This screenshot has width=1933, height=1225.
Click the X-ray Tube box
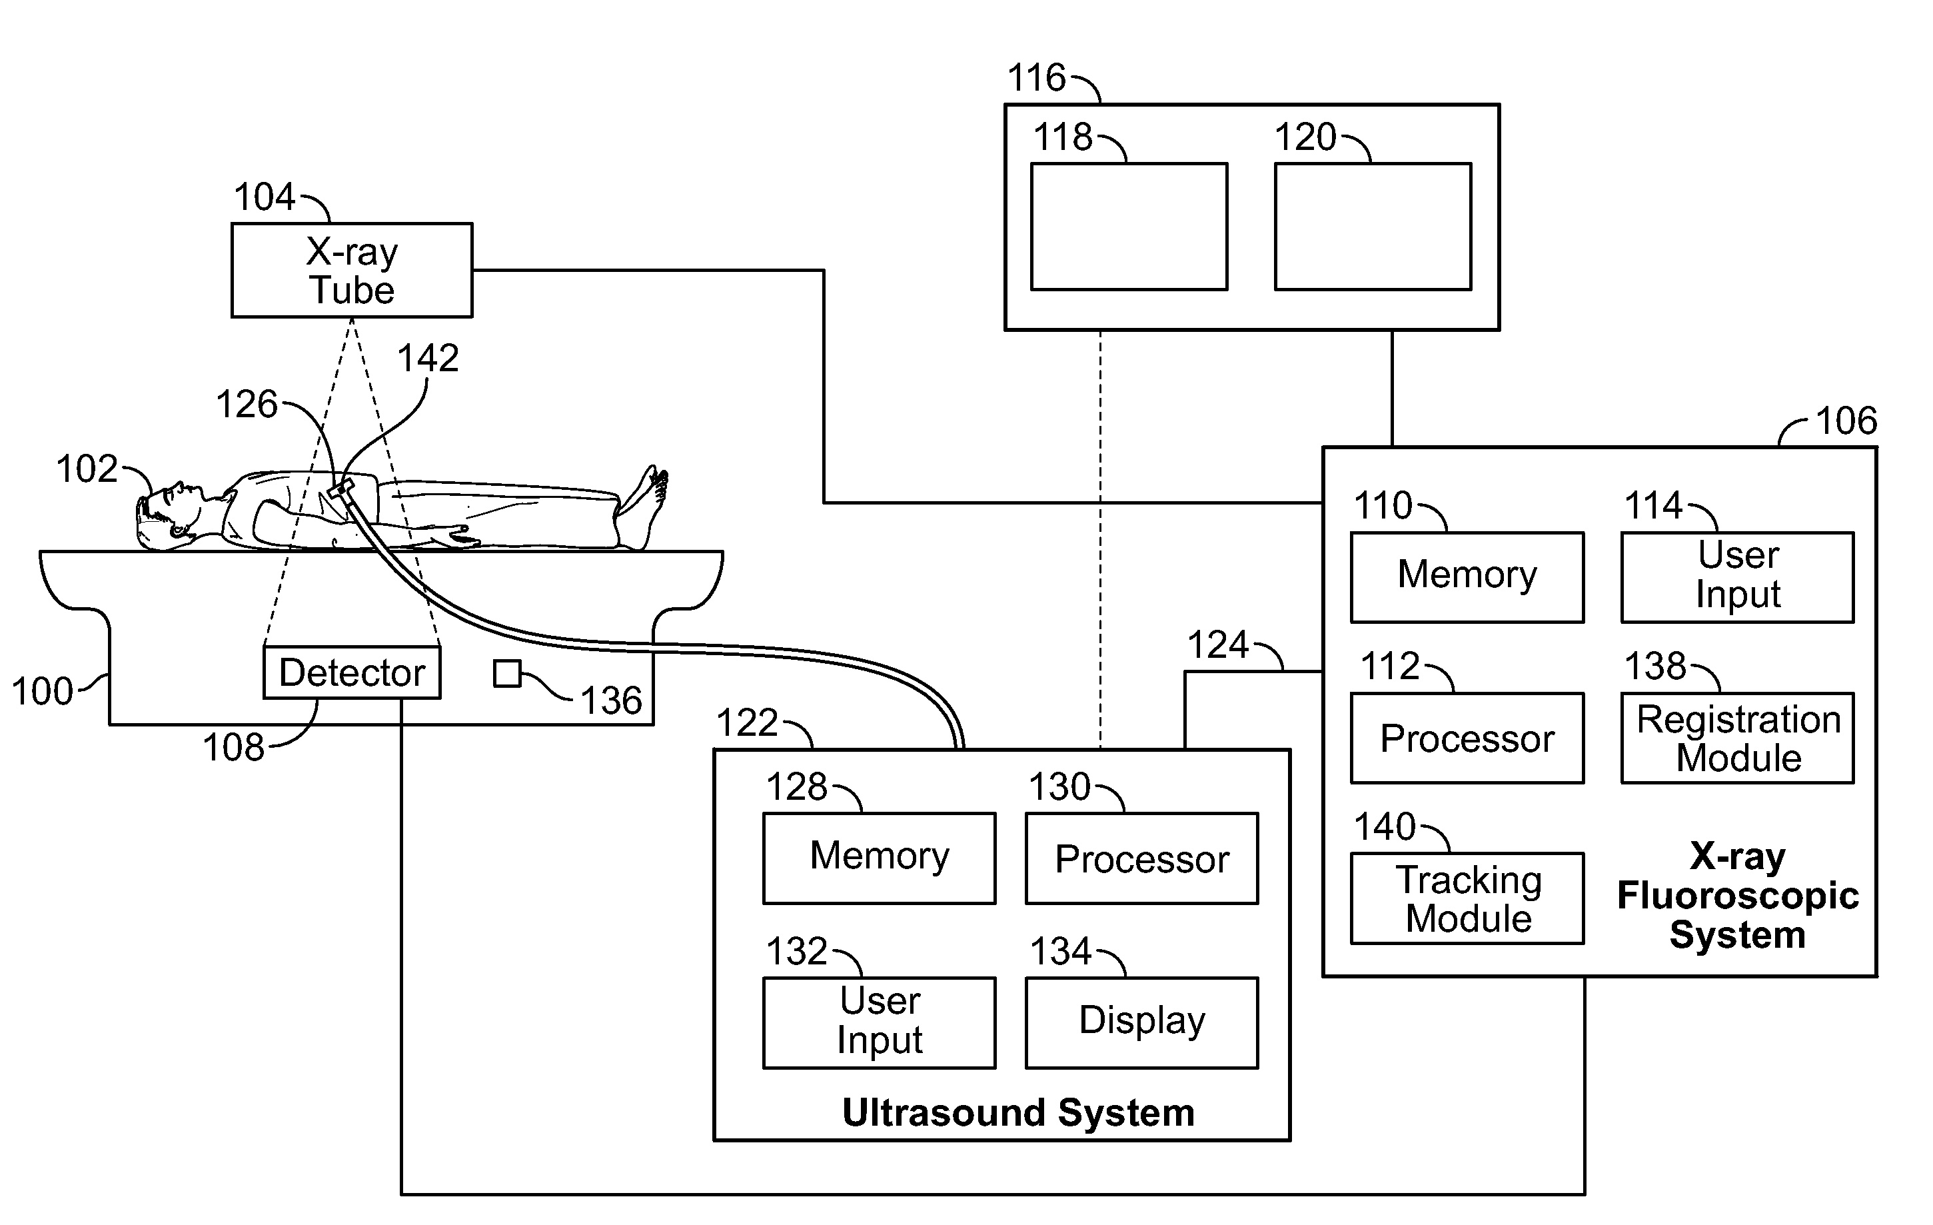click(x=352, y=271)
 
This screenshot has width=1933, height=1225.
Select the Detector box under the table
click(x=352, y=672)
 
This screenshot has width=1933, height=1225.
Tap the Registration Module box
click(x=1737, y=738)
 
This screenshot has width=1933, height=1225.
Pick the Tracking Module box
click(x=1467, y=898)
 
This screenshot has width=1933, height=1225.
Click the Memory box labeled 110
click(x=1467, y=577)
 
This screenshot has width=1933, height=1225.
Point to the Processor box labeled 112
click(x=1467, y=738)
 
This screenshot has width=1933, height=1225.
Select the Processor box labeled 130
click(x=1141, y=858)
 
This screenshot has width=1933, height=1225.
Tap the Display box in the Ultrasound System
click(x=1141, y=1022)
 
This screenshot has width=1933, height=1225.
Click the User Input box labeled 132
click(x=879, y=1022)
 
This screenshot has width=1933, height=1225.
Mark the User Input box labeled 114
click(x=1737, y=577)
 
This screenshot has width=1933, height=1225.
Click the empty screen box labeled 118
click(x=1129, y=227)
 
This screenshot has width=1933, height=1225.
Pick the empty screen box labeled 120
click(x=1373, y=227)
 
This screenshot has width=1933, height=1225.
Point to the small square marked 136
click(x=506, y=674)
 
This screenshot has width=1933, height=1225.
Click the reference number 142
click(x=428, y=358)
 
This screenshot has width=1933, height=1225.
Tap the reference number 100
click(x=42, y=692)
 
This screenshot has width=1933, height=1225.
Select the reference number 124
click(x=1218, y=644)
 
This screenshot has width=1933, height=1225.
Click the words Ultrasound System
click(x=1018, y=1112)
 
